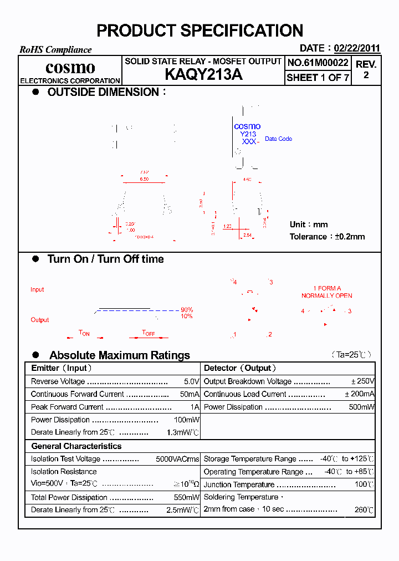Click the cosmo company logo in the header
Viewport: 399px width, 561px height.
pyautogui.click(x=70, y=68)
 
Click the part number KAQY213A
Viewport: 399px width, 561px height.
pyautogui.click(x=203, y=75)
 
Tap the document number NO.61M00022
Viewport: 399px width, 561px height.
pyautogui.click(x=318, y=63)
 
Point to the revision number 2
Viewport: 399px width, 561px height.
pyautogui.click(x=366, y=75)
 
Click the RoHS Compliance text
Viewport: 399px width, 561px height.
pyautogui.click(x=55, y=49)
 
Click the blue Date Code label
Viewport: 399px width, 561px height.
pyautogui.click(x=278, y=139)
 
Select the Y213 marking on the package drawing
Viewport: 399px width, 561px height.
pyautogui.click(x=248, y=134)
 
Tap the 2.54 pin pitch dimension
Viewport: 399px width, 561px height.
pyautogui.click(x=247, y=236)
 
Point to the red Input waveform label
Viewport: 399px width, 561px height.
pyautogui.click(x=37, y=289)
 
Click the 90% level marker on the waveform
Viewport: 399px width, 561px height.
pyautogui.click(x=187, y=309)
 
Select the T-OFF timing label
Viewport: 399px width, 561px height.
pyautogui.click(x=149, y=333)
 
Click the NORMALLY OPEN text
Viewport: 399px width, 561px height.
pyautogui.click(x=327, y=295)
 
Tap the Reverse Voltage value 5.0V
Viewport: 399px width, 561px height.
pyautogui.click(x=192, y=381)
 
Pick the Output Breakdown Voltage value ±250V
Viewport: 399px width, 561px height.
pyautogui.click(x=363, y=381)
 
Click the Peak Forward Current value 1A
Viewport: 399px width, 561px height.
pyautogui.click(x=195, y=407)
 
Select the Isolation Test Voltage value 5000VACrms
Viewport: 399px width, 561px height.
pyautogui.click(x=177, y=459)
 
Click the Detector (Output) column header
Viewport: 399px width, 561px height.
pyautogui.click(x=240, y=368)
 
